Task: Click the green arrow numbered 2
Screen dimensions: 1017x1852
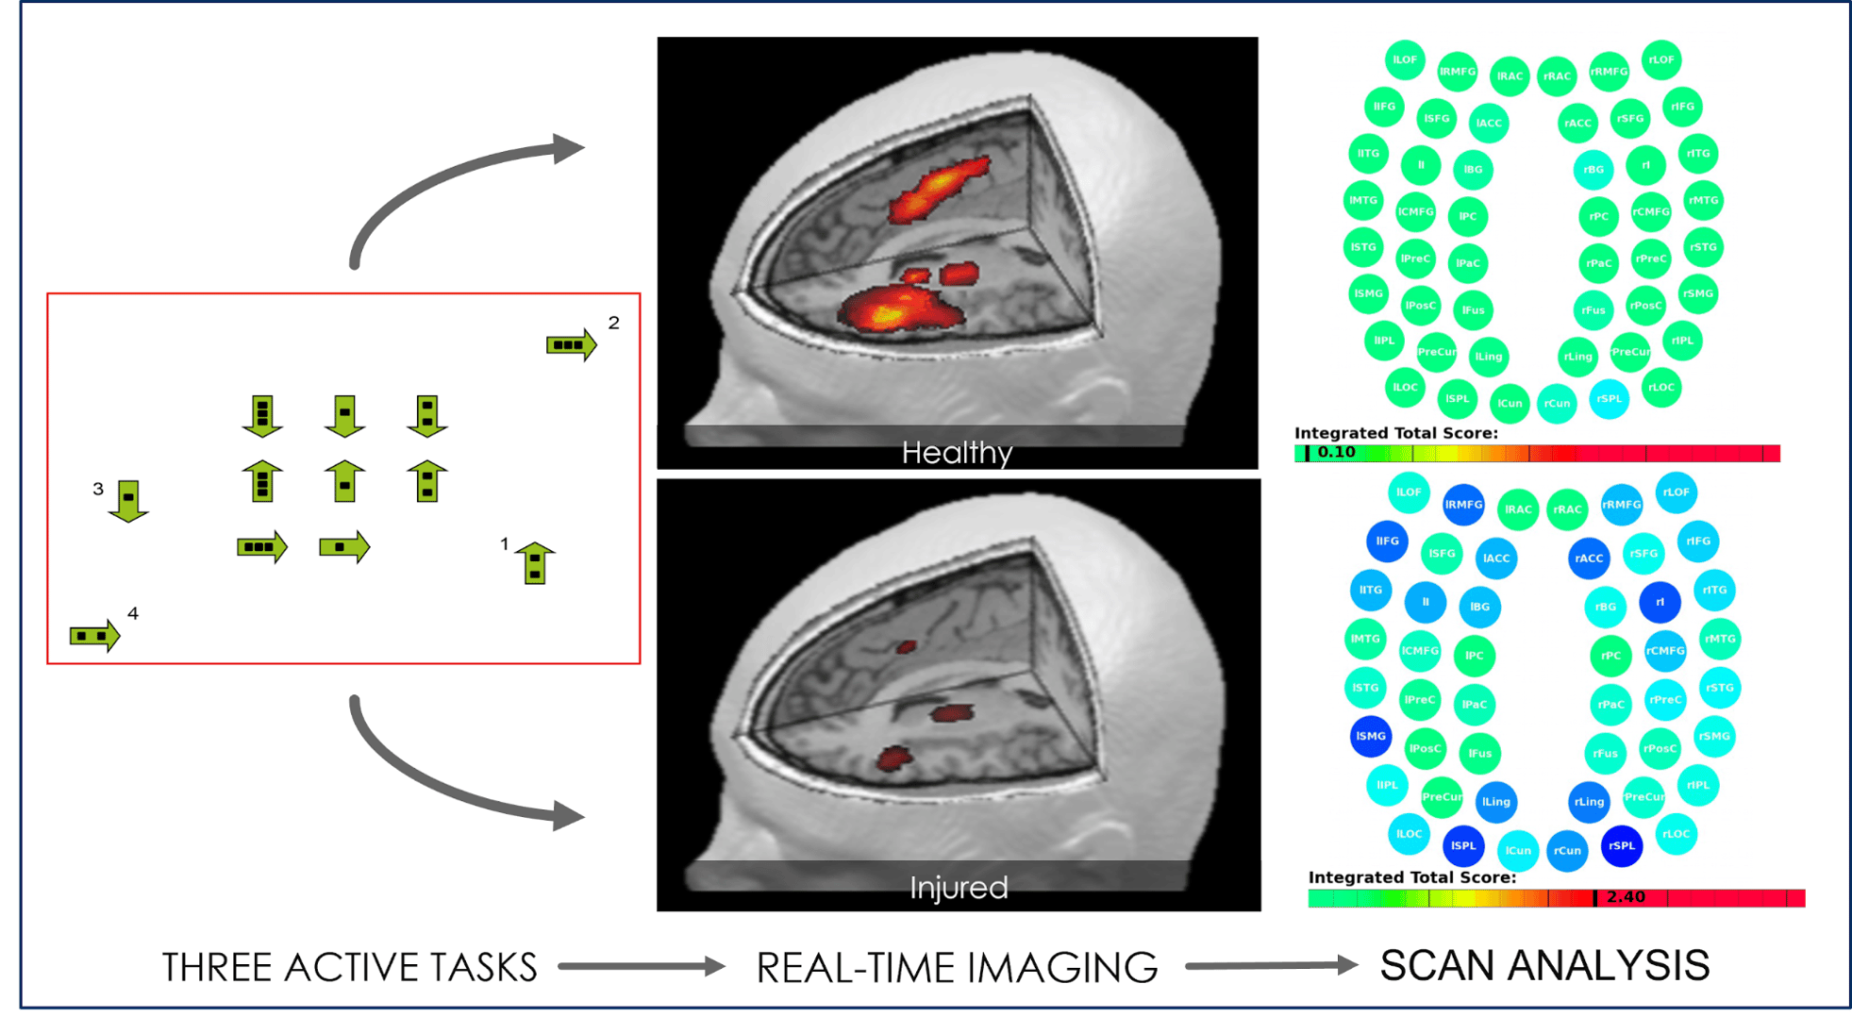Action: (571, 345)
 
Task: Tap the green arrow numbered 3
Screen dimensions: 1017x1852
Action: (128, 500)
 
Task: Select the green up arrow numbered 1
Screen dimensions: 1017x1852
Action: (535, 563)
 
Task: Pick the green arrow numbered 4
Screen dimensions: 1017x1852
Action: (94, 636)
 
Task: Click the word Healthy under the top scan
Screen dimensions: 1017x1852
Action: (957, 453)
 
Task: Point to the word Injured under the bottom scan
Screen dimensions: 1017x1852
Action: (959, 888)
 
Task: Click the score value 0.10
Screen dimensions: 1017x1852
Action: (1336, 453)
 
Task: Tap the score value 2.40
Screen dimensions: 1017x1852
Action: (1626, 897)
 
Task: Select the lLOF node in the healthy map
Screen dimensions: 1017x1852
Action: (1405, 59)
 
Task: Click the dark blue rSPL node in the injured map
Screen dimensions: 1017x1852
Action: (1622, 845)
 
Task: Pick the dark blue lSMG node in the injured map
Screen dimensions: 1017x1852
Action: (1370, 736)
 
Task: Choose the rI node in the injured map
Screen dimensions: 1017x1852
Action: (1660, 602)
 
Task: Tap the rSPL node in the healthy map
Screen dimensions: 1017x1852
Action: (1609, 398)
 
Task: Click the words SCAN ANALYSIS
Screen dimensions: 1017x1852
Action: (1544, 965)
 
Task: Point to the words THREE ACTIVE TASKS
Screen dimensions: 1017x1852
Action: (349, 967)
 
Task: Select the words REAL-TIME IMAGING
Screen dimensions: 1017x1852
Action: (957, 967)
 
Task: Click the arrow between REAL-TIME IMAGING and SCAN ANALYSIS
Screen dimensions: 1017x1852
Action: (1270, 965)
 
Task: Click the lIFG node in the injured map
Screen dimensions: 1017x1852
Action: (1387, 541)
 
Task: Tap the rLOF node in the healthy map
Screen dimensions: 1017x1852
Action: (1660, 59)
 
